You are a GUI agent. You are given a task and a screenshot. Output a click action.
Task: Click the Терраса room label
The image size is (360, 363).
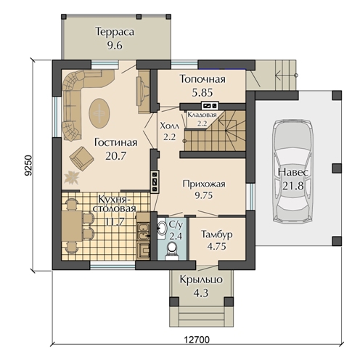[115, 32]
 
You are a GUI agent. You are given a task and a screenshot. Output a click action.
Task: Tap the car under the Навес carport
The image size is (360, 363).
[292, 171]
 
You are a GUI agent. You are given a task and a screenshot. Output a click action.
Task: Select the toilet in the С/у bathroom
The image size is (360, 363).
[172, 251]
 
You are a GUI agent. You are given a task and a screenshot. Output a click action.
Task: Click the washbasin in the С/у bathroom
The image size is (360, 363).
[162, 228]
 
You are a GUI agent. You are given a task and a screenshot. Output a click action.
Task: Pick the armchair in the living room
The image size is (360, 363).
[81, 158]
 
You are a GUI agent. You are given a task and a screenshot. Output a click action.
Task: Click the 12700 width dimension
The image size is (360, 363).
[197, 340]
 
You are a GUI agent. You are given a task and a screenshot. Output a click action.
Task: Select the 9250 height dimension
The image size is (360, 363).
[28, 165]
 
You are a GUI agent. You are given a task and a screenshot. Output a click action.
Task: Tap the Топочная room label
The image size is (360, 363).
[202, 79]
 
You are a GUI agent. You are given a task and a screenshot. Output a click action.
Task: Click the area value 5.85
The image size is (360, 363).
[202, 92]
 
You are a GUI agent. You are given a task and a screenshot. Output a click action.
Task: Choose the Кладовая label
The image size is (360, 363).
[202, 115]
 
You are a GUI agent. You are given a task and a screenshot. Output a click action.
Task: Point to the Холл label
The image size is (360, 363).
[170, 126]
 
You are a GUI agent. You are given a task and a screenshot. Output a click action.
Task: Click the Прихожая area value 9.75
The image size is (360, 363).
[204, 195]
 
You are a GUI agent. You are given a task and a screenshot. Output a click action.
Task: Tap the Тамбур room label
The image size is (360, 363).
[217, 234]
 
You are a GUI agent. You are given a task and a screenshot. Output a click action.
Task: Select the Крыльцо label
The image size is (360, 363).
[201, 280]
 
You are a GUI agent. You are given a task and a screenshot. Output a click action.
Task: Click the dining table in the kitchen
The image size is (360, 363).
[72, 226]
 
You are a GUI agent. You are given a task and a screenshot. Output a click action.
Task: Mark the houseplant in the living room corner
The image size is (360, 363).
[71, 177]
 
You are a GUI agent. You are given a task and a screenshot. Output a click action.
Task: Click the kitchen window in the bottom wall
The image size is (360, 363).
[112, 266]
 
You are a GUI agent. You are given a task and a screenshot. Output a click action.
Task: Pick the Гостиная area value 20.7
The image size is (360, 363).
[115, 156]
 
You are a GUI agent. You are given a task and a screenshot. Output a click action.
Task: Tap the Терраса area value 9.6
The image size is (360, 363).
[115, 46]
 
